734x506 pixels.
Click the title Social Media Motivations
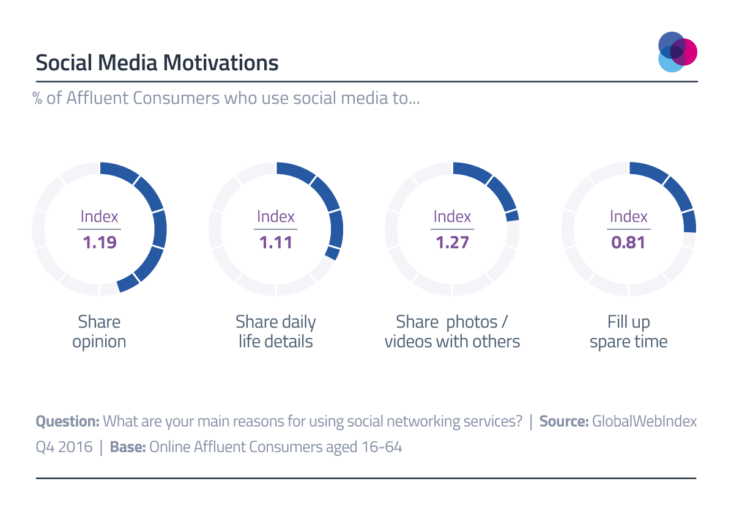point(157,63)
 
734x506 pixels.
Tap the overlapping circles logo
point(677,52)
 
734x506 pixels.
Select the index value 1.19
point(99,243)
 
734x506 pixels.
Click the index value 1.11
point(276,243)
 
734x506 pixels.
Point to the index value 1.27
point(452,243)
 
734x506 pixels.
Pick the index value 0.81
point(628,243)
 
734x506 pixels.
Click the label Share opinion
point(99,331)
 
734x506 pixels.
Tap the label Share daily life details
point(276,331)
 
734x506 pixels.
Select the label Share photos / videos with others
point(452,331)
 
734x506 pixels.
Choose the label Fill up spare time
point(628,331)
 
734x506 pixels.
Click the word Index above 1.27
point(452,216)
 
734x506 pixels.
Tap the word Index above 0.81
point(628,216)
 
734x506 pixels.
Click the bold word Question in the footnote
point(67,421)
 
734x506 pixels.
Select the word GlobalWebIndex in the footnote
point(644,421)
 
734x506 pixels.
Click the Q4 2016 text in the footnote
point(64,447)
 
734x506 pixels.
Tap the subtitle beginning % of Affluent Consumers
point(226,98)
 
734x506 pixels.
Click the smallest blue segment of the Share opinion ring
point(127,282)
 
